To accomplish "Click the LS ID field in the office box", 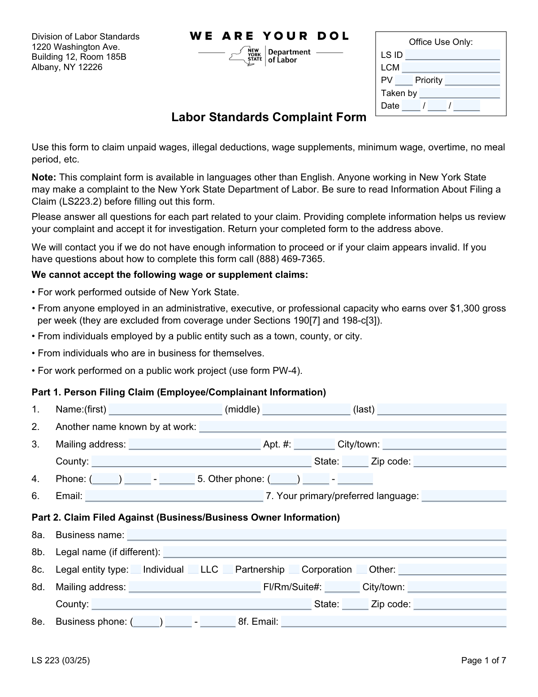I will (x=452, y=55).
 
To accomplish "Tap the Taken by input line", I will (x=459, y=93).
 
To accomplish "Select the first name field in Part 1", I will (x=165, y=409).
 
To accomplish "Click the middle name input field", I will (x=306, y=409).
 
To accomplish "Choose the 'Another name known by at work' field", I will (x=352, y=427).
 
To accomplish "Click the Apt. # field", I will (x=314, y=444).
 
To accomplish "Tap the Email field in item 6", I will (x=174, y=496).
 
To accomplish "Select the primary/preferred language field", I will (x=464, y=496).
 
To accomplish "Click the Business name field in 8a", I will (x=317, y=535).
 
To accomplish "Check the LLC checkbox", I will (x=193, y=570).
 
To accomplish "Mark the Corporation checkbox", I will (x=294, y=570).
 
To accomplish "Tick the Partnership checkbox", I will (x=228, y=570).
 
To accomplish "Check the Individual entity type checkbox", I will (x=136, y=570).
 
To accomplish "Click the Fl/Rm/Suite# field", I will (x=342, y=587).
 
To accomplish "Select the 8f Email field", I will (x=393, y=622).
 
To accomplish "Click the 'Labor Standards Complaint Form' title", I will (x=269, y=118).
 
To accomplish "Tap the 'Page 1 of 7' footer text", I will (x=483, y=660).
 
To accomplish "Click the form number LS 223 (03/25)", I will (x=61, y=660).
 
